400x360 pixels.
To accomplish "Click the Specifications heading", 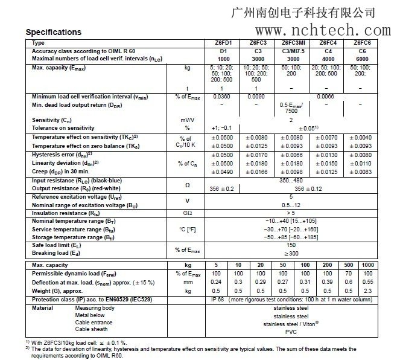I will click(53, 32).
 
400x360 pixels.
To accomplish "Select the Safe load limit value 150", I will click(291, 246).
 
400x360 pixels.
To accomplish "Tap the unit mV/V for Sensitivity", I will click(187, 120).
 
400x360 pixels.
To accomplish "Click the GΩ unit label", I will click(187, 213).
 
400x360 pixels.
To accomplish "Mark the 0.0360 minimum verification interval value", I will click(223, 96).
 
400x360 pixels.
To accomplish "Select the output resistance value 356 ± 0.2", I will click(223, 188).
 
